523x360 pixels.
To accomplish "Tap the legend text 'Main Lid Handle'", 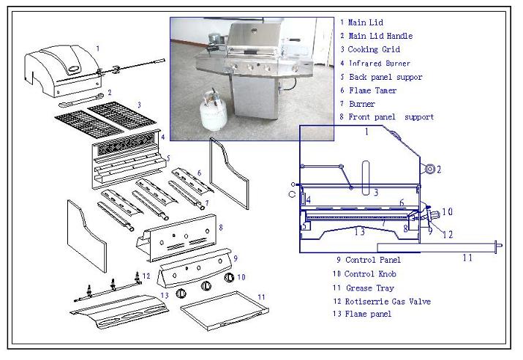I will [x=380, y=36].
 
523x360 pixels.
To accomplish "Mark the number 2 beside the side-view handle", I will [x=439, y=170].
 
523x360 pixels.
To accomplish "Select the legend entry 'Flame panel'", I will [x=365, y=314].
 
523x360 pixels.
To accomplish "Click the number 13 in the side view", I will [x=358, y=231].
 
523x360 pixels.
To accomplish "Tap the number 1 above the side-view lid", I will [x=366, y=132].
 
